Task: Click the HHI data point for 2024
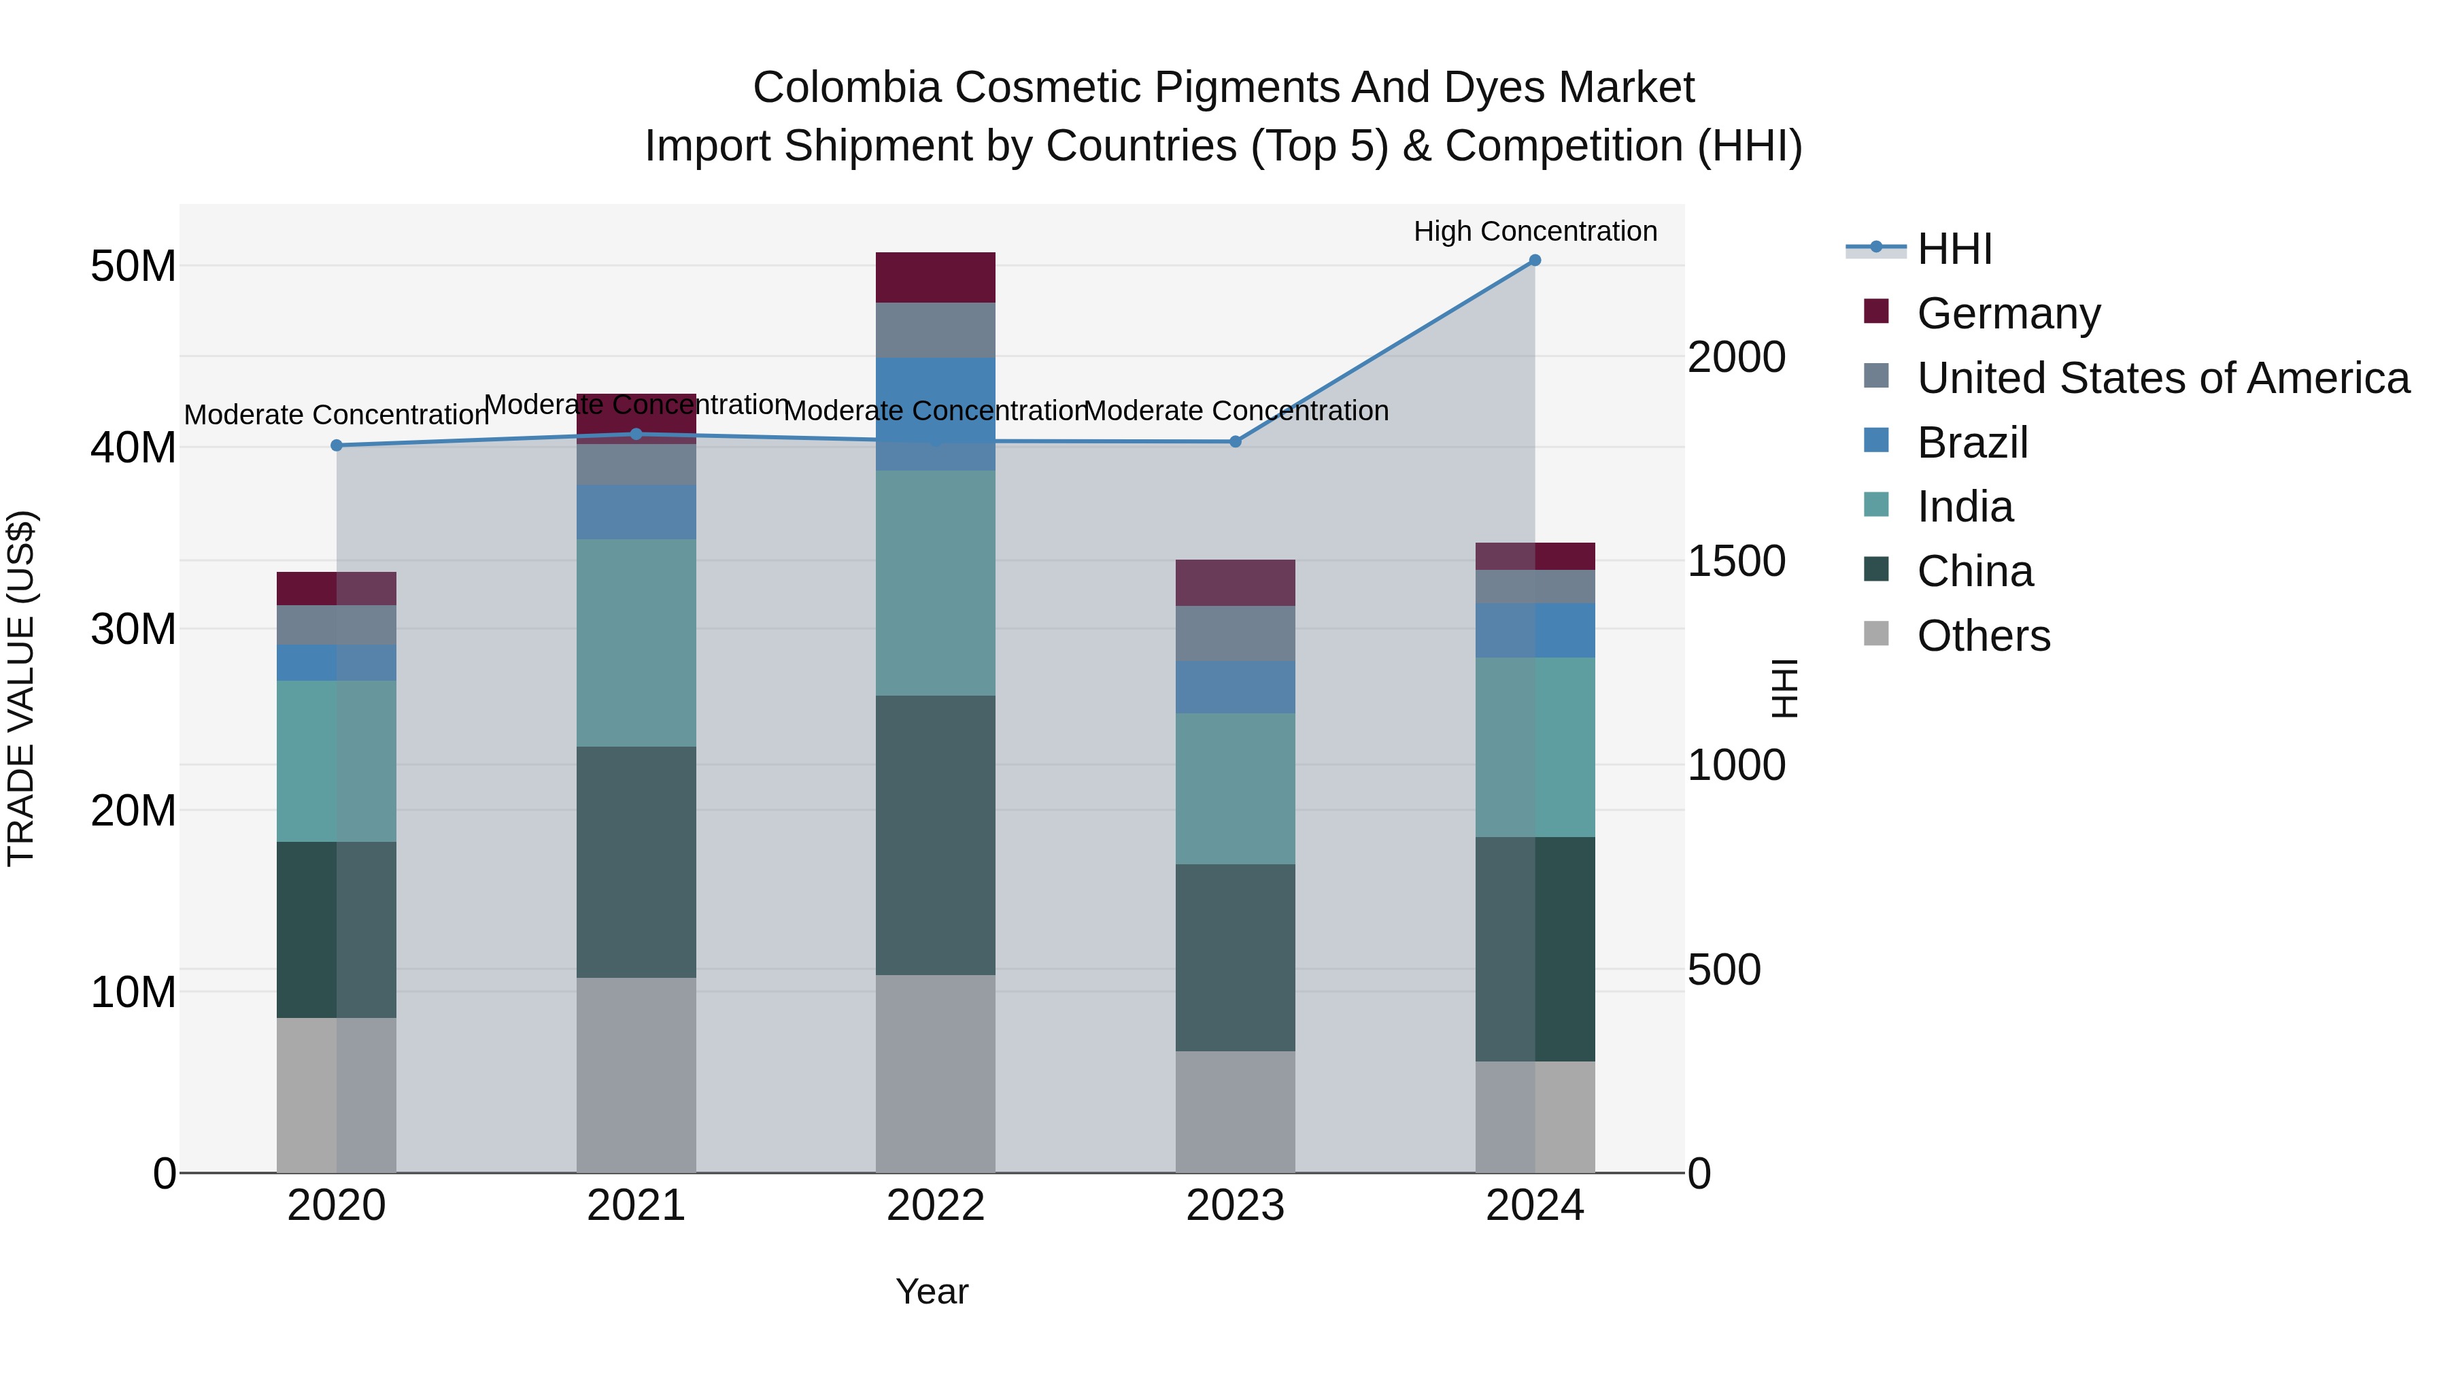(x=1534, y=260)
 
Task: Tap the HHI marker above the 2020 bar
(x=337, y=445)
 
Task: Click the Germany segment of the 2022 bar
(x=935, y=277)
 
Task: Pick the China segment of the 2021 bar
(x=636, y=862)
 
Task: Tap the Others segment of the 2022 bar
(x=935, y=1073)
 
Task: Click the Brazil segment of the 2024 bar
(x=1534, y=630)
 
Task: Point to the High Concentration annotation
(x=1534, y=231)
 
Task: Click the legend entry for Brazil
(x=1972, y=443)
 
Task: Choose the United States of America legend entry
(x=2162, y=378)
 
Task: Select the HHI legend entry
(x=1954, y=249)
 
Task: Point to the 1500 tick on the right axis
(x=1735, y=562)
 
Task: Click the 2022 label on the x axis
(x=935, y=1206)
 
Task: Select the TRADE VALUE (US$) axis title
(x=21, y=688)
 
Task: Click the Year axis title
(x=932, y=1291)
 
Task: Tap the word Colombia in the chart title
(x=847, y=88)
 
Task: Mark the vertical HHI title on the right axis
(x=1785, y=688)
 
